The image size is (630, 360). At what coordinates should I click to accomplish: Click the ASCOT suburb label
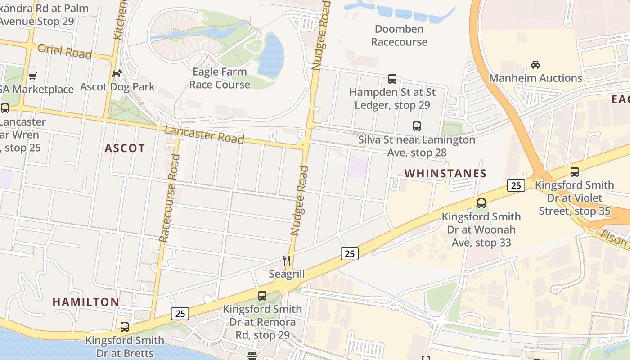[x=125, y=148]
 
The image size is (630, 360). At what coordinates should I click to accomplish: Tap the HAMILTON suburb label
[x=85, y=302]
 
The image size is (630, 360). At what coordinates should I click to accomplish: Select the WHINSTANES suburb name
[x=445, y=173]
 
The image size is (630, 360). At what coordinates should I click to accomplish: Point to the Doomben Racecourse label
[x=399, y=36]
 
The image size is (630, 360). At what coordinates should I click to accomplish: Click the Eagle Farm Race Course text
[x=220, y=78]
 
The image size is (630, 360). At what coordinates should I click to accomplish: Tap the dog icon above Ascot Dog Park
[x=117, y=73]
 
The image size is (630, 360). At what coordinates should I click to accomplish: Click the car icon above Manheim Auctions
[x=535, y=65]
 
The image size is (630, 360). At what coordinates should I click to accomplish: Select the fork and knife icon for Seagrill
[x=286, y=260]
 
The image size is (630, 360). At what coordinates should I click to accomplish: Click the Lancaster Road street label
[x=204, y=135]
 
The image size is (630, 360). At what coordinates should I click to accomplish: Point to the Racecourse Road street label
[x=169, y=198]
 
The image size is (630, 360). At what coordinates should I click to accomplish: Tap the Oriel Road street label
[x=65, y=51]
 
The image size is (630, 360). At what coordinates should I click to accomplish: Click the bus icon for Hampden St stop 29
[x=392, y=79]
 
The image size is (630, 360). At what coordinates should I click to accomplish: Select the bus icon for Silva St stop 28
[x=416, y=126]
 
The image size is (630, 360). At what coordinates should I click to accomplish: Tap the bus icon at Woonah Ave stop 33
[x=481, y=203]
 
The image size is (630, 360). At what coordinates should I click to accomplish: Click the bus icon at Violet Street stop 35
[x=574, y=171]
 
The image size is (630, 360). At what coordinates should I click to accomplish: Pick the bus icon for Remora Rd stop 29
[x=262, y=296]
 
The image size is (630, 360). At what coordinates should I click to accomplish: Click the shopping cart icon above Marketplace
[x=32, y=76]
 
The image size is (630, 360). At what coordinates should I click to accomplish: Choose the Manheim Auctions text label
[x=535, y=78]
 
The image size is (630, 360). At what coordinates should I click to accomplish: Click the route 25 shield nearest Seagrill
[x=349, y=254]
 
